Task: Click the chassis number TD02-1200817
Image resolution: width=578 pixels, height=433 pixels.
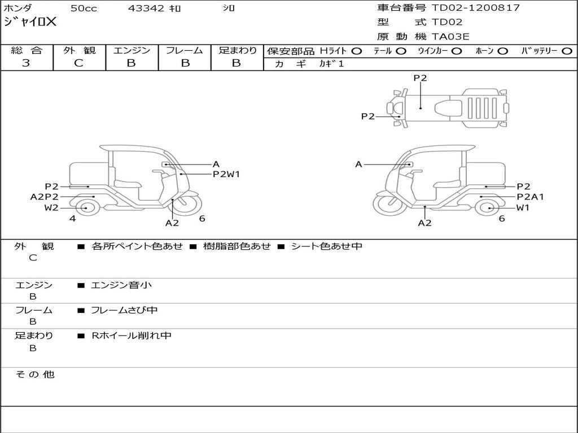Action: tap(476, 8)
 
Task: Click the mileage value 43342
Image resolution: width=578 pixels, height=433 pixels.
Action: tap(146, 8)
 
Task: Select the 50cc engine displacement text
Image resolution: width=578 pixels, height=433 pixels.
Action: tap(83, 8)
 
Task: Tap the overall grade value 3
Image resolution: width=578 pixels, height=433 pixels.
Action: tap(26, 63)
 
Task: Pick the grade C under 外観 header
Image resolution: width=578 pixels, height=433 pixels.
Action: tap(78, 63)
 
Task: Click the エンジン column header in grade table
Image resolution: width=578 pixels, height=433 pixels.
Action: tap(132, 51)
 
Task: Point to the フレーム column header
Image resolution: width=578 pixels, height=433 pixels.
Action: tap(184, 51)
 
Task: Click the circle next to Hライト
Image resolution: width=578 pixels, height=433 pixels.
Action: tap(356, 51)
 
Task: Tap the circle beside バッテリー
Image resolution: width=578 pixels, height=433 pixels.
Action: tap(567, 51)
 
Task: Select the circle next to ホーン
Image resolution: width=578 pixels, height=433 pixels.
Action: tap(503, 51)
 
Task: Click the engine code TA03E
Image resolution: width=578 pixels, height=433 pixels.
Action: tap(451, 37)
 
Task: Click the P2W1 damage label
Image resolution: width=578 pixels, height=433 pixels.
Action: tap(226, 174)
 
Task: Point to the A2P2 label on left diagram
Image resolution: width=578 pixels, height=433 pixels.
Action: tap(45, 197)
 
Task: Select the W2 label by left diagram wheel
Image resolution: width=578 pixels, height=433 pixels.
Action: tap(52, 207)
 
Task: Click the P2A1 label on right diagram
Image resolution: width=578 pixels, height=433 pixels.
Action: tap(530, 197)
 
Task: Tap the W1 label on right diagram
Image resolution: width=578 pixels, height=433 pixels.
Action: tap(523, 207)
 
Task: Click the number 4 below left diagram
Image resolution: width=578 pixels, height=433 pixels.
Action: tap(73, 219)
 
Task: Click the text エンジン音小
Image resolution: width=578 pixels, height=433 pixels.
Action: tap(121, 285)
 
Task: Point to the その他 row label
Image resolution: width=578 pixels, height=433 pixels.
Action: tap(35, 374)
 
